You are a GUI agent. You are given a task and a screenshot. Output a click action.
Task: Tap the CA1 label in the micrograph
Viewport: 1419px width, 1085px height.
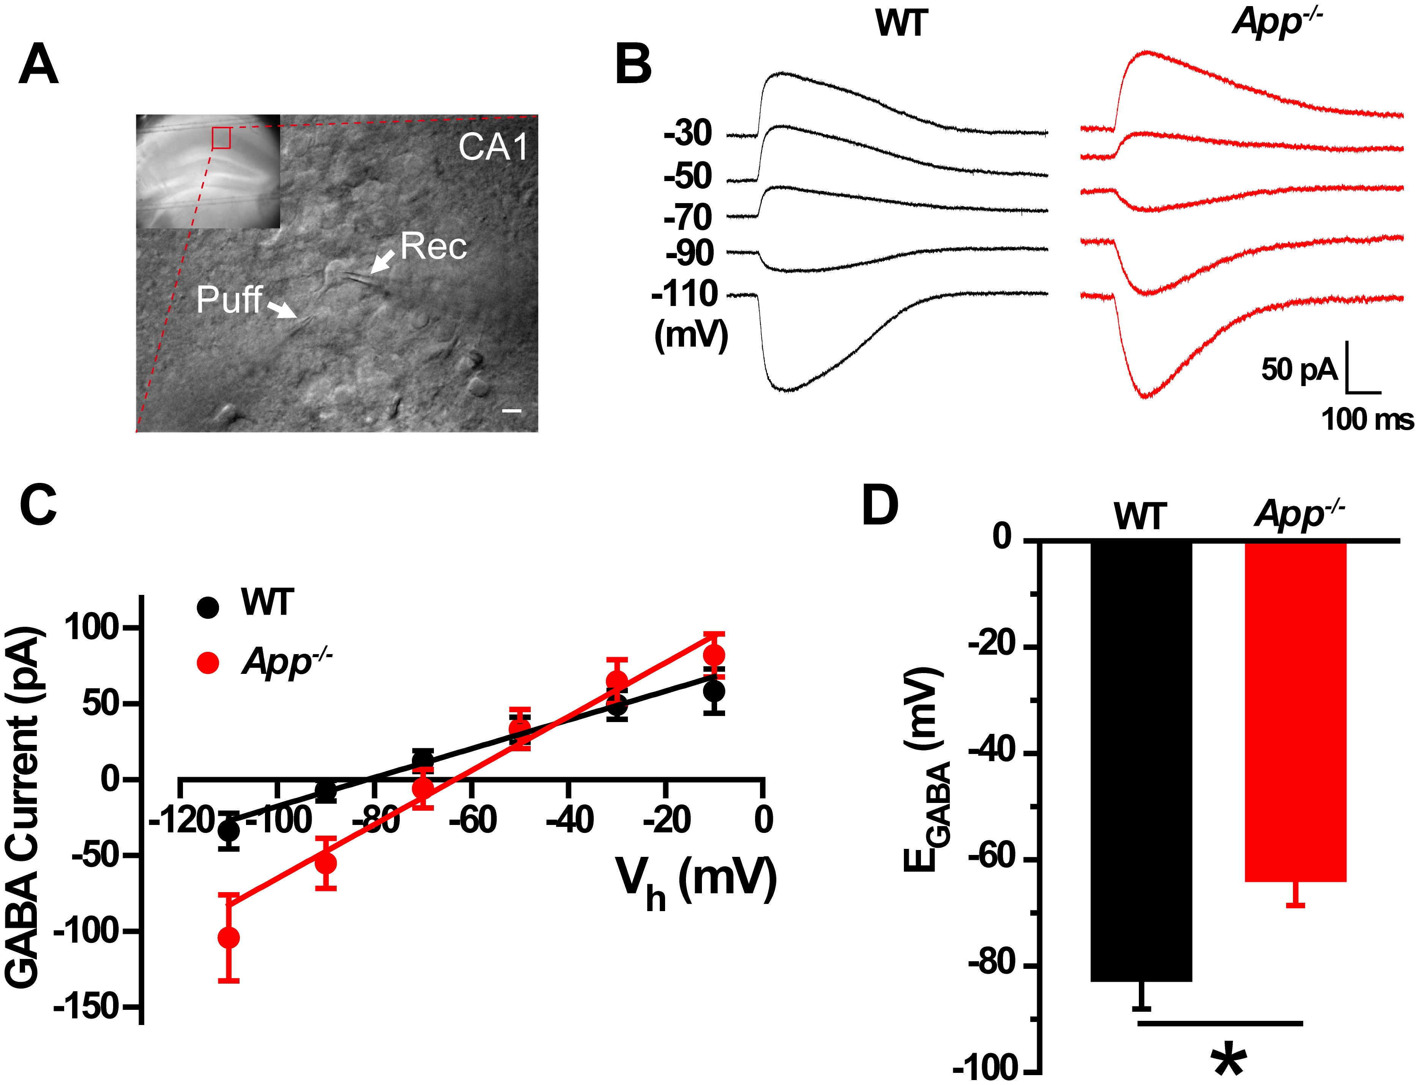click(x=493, y=147)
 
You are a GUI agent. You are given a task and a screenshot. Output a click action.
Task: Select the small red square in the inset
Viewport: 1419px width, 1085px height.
click(x=221, y=137)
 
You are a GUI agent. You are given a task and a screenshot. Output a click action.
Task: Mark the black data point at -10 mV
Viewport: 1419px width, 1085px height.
click(x=714, y=691)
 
